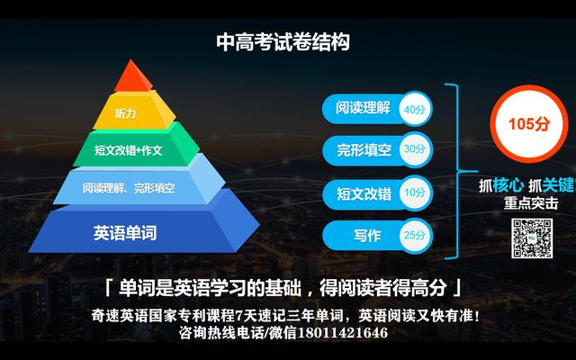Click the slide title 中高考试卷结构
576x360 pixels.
(x=283, y=42)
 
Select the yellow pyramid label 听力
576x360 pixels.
(x=126, y=113)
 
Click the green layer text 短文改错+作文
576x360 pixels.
(x=128, y=150)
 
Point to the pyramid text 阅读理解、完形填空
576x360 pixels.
(x=129, y=188)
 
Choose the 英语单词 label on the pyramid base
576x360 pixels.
(x=125, y=233)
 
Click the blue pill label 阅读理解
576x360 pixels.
(x=363, y=108)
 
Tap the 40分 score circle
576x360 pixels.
(x=415, y=109)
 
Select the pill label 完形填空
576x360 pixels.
(x=364, y=150)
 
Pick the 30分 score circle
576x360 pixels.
(x=415, y=149)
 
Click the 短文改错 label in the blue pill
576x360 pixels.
(x=364, y=193)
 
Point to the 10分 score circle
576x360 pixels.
(x=415, y=193)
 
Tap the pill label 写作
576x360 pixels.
(x=367, y=236)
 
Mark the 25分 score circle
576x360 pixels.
(x=415, y=235)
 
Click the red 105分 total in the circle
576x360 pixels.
(x=529, y=124)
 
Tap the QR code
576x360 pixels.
(x=532, y=238)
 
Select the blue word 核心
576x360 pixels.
(x=508, y=185)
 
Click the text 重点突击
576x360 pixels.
(x=531, y=203)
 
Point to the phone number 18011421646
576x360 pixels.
(x=342, y=333)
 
